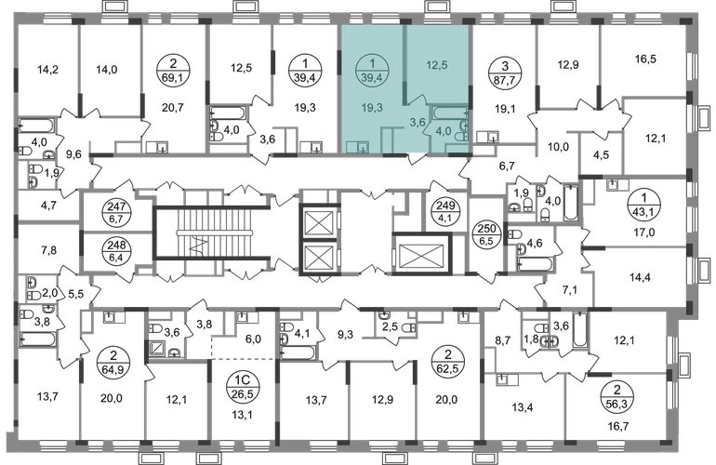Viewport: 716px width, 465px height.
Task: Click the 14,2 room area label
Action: pyautogui.click(x=48, y=70)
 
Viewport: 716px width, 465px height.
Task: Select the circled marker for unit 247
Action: pyautogui.click(x=116, y=213)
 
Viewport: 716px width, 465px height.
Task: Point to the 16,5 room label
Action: pyautogui.click(x=645, y=59)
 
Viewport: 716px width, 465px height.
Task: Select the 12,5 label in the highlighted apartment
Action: pyautogui.click(x=436, y=65)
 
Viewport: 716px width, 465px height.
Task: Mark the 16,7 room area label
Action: pyautogui.click(x=618, y=427)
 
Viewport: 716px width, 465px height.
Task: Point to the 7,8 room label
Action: pyautogui.click(x=48, y=250)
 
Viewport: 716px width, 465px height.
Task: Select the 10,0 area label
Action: pyautogui.click(x=558, y=147)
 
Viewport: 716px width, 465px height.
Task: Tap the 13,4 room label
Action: pyautogui.click(x=523, y=407)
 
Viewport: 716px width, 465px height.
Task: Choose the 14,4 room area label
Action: pyautogui.click(x=640, y=277)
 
